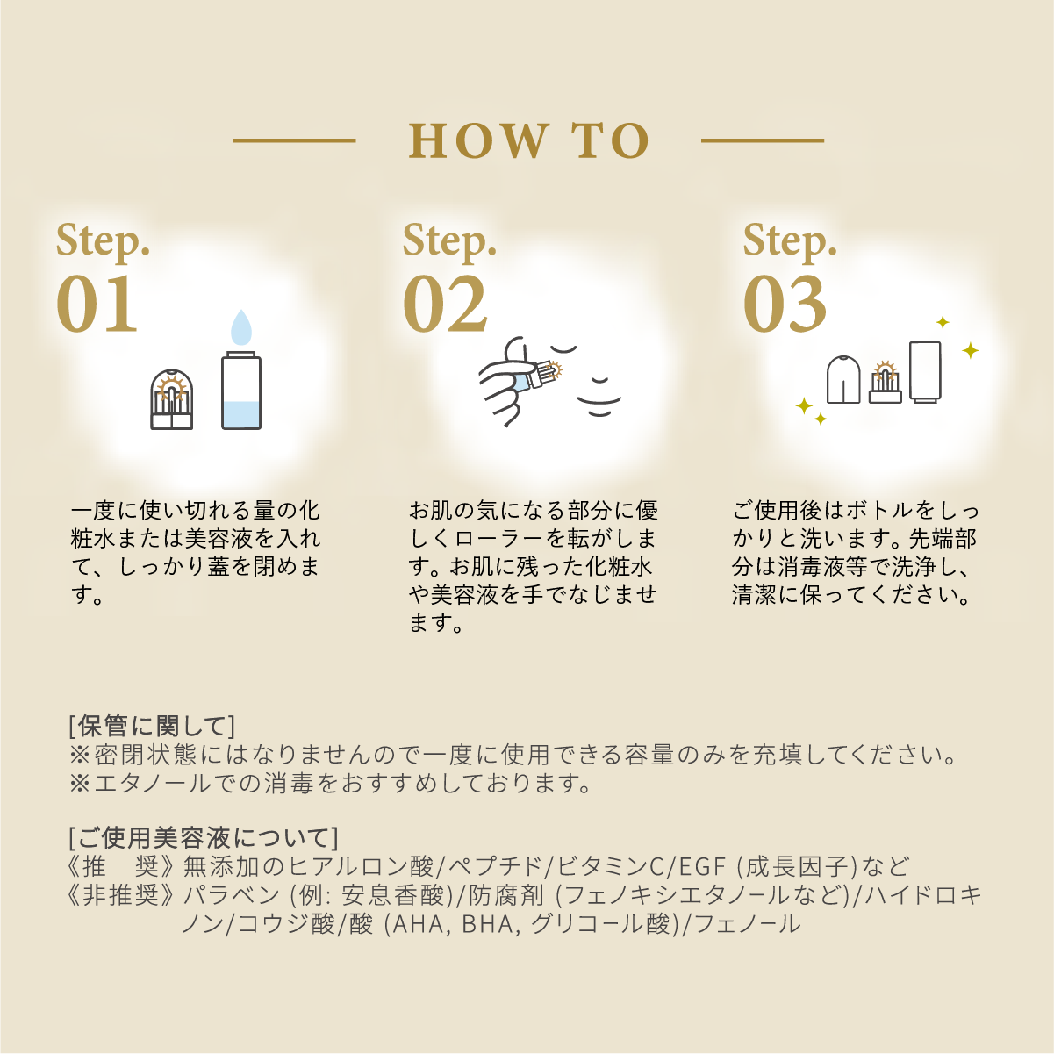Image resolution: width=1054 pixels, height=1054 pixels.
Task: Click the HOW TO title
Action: (529, 141)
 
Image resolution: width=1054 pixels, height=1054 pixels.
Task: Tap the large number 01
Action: (97, 305)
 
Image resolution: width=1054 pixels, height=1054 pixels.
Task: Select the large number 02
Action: (445, 305)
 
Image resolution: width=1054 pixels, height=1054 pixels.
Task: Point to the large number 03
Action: (785, 305)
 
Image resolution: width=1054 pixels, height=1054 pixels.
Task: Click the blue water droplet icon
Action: (241, 327)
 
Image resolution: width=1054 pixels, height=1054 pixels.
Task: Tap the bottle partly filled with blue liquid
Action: (241, 391)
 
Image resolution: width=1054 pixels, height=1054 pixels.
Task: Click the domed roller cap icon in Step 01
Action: (172, 399)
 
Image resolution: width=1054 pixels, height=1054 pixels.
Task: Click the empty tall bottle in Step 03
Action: (925, 372)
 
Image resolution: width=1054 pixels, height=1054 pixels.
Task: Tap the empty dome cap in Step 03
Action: (843, 379)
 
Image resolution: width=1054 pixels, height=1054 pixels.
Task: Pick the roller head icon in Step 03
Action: (885, 383)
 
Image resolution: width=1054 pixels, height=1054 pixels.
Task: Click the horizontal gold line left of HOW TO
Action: (294, 140)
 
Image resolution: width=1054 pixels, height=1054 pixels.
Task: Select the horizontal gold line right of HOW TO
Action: (763, 140)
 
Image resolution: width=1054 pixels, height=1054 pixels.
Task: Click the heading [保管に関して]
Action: (152, 726)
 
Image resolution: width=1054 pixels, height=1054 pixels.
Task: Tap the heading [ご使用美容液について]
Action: (204, 837)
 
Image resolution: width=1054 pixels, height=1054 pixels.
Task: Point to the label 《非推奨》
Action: (121, 895)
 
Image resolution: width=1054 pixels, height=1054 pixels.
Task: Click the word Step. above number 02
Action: (449, 240)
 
